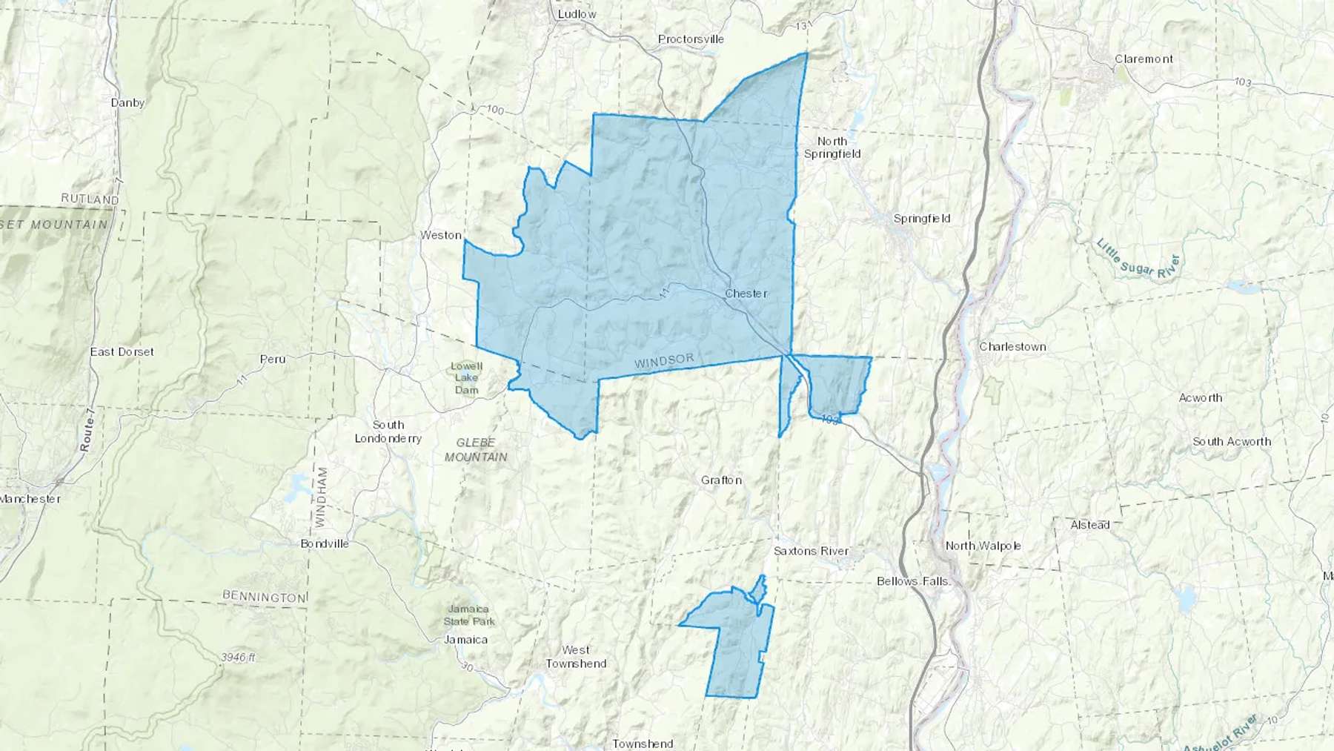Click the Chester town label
(746, 294)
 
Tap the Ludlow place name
(577, 14)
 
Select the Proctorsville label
(691, 39)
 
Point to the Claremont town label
(1144, 59)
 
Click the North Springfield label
(832, 148)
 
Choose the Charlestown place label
(1012, 347)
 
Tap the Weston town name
(441, 235)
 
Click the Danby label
(127, 103)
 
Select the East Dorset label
(122, 351)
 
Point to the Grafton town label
(721, 480)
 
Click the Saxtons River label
(811, 551)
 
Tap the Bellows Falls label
(912, 581)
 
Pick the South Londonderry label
(388, 431)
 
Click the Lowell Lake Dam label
(467, 378)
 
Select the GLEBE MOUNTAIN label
(476, 450)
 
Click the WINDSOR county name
(664, 361)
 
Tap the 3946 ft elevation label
(238, 658)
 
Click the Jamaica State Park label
(469, 615)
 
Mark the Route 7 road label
(87, 434)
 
